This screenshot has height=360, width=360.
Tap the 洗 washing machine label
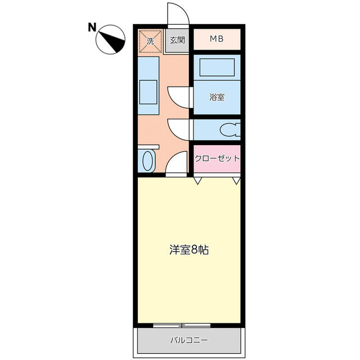coord(150,40)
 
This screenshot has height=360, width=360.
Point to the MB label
coord(217,39)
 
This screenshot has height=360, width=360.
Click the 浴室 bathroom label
coord(217,97)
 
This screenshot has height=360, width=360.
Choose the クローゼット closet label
coord(217,158)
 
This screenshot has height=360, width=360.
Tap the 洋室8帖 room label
coord(189,250)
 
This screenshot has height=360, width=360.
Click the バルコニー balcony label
coord(189,340)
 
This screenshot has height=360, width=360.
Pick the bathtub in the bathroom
coord(217,69)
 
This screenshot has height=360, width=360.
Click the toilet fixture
coord(229,130)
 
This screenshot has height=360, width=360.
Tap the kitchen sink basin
coord(148,91)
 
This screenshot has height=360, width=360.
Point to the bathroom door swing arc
coord(178,97)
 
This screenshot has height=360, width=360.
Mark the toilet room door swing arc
coord(178,129)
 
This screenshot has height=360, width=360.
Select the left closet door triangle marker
coord(199,181)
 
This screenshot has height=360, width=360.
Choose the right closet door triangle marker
coord(236,181)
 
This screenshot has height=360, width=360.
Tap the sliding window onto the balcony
coord(181,325)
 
